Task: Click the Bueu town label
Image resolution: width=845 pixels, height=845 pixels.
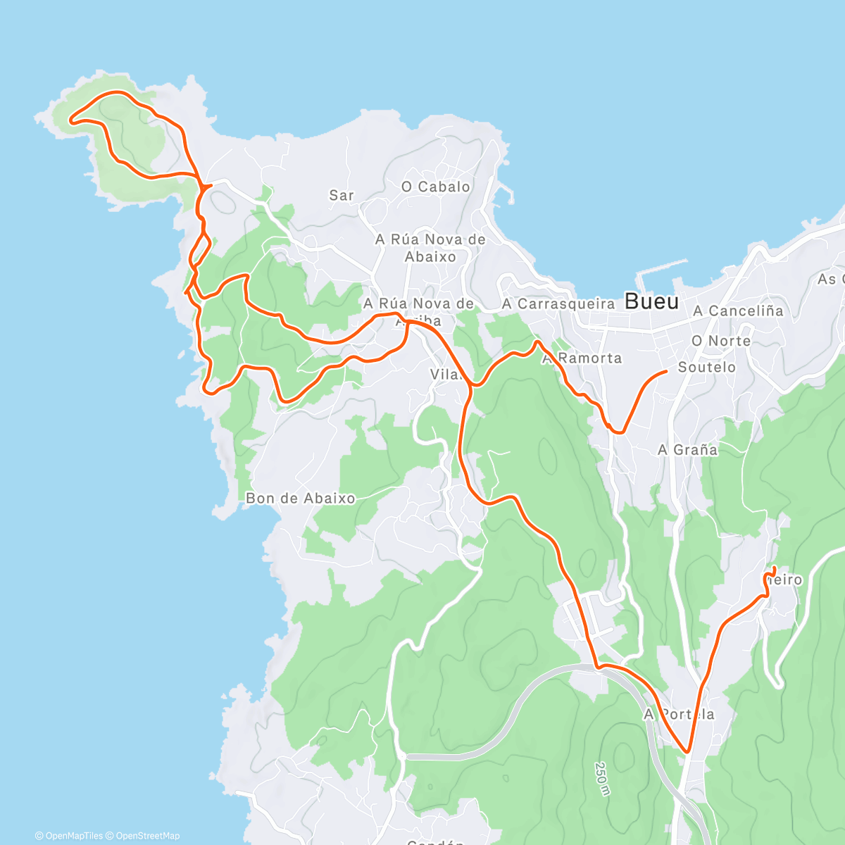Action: point(651,302)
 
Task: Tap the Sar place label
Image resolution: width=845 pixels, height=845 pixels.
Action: point(342,196)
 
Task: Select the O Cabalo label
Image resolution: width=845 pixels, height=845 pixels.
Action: point(435,187)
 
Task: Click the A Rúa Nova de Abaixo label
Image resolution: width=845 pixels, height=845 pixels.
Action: point(430,248)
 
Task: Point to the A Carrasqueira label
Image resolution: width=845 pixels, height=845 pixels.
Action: point(558,304)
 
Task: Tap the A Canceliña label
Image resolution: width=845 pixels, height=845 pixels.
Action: point(738,311)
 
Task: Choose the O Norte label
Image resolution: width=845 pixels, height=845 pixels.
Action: point(721,341)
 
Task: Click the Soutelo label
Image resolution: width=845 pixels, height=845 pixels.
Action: point(706,368)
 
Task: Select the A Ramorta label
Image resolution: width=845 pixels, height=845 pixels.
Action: point(582,358)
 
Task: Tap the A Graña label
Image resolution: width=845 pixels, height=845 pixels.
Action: point(687,450)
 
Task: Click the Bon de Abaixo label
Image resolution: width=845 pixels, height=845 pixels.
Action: point(300,499)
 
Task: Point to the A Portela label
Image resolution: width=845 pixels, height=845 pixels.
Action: point(679,715)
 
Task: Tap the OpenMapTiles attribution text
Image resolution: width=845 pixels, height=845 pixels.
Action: point(69,836)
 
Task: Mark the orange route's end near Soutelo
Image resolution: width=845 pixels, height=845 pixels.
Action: point(666,371)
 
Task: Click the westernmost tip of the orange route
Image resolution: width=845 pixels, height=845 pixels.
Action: point(69,121)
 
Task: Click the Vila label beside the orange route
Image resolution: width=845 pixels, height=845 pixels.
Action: point(445,375)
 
